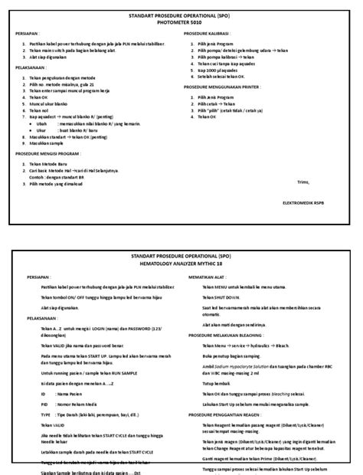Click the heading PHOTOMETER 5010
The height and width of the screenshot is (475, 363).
(181, 21)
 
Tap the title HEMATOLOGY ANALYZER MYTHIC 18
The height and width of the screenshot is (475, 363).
(181, 264)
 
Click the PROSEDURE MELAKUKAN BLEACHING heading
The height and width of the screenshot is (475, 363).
(229, 335)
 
